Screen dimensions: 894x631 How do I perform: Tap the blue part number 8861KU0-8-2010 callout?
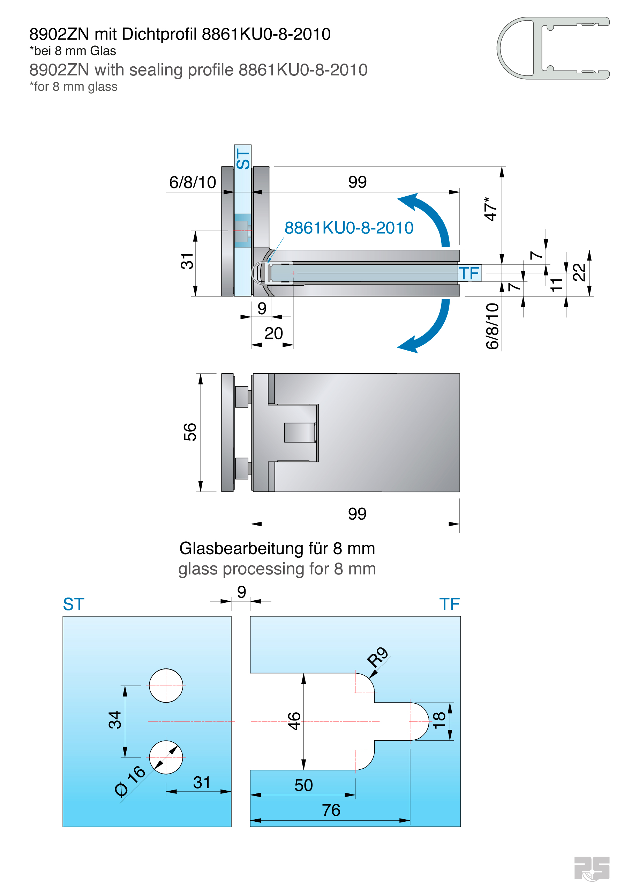point(348,228)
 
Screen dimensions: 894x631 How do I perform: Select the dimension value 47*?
point(490,209)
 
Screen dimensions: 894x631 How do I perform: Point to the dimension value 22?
point(579,272)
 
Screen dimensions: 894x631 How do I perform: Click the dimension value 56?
point(190,432)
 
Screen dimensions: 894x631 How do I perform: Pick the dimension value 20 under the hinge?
point(273,333)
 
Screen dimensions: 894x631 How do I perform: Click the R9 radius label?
point(377,657)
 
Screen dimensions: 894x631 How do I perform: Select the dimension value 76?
point(331,810)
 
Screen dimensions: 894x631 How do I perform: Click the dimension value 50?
point(303,785)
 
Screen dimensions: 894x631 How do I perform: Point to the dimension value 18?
point(439,720)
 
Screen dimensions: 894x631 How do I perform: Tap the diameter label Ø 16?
point(130,781)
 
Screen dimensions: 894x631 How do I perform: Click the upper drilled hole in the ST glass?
point(166,685)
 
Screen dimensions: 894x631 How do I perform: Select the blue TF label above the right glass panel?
point(449,604)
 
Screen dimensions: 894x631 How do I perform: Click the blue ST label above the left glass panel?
point(74,604)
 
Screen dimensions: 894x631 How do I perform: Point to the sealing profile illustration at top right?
point(553,48)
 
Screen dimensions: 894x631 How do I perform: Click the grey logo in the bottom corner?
point(592,868)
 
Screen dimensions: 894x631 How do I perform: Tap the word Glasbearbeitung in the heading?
point(241,548)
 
